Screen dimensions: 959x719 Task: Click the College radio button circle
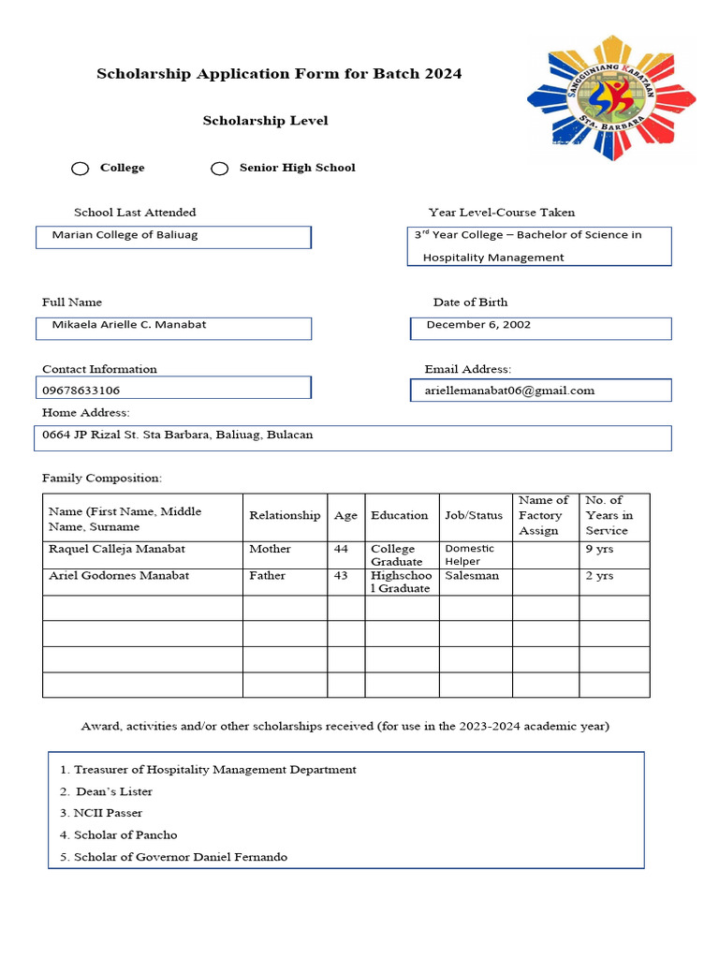click(x=81, y=169)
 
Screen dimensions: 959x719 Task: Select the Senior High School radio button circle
click(x=219, y=169)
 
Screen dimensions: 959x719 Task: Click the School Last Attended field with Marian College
click(x=173, y=236)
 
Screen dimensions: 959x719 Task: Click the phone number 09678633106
click(x=81, y=391)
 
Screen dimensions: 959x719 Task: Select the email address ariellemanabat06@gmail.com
click(x=504, y=391)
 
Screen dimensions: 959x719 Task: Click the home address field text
click(x=178, y=435)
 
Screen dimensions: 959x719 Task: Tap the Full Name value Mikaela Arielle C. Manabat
click(x=129, y=325)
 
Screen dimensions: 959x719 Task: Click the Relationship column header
click(x=285, y=516)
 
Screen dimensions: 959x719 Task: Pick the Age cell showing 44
click(x=341, y=549)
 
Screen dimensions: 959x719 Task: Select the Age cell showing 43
click(x=341, y=576)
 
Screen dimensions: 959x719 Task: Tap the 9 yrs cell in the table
click(x=599, y=549)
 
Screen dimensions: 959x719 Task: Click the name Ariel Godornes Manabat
click(x=119, y=576)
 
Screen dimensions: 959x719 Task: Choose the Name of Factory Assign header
click(x=544, y=516)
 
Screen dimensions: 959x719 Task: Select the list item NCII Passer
click(x=108, y=813)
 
